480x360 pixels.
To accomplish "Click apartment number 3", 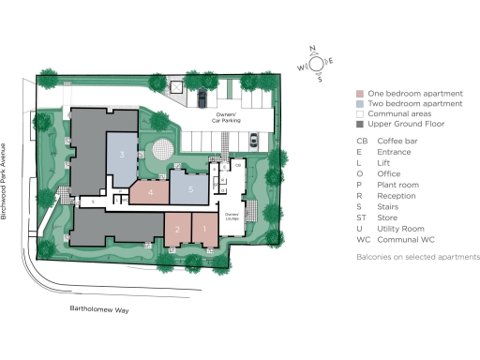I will coord(122,155).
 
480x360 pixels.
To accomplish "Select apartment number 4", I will coord(150,192).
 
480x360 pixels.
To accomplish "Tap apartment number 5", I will coord(190,189).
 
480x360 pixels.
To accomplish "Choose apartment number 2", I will coord(177,229).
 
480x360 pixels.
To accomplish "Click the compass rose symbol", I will coord(316,63).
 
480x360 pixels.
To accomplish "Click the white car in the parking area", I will coord(254,141).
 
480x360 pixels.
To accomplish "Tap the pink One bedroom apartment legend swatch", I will coord(360,94).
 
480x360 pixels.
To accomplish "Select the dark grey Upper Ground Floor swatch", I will coord(360,125).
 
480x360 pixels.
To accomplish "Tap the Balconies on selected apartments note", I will coord(417,257).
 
